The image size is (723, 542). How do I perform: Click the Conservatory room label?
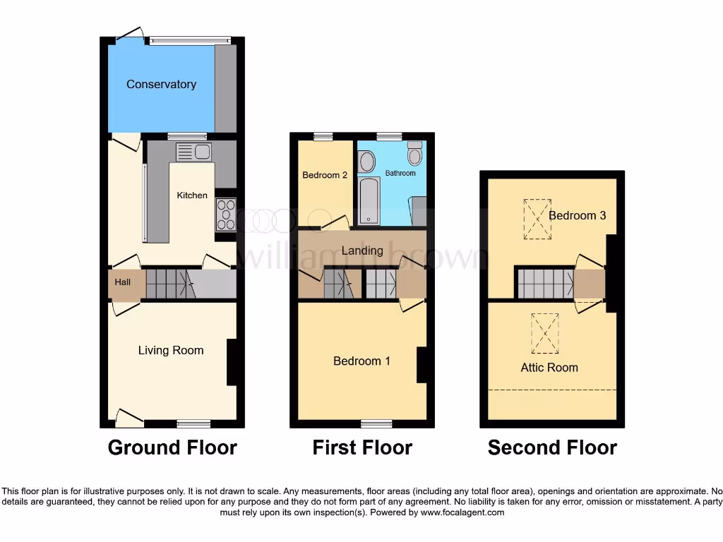coord(161,85)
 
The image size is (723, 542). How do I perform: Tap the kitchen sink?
coord(193,152)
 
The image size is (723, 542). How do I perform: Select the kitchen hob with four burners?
coord(227,215)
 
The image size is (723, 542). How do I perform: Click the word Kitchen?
coord(192,195)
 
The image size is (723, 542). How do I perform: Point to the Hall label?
coord(123,282)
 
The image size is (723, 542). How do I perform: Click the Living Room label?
coord(171,350)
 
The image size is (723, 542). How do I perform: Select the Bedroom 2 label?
coord(325,175)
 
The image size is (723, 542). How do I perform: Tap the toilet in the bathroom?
coord(414,152)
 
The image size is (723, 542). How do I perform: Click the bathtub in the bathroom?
coord(369,201)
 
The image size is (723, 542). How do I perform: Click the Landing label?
coord(362,251)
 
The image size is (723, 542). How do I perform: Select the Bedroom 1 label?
coord(361,361)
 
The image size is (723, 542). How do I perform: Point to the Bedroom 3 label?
coord(577,216)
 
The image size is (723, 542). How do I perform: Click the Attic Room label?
coord(549,368)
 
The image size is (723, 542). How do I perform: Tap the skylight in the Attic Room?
coord(544,333)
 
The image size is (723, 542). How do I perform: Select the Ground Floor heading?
coord(172,447)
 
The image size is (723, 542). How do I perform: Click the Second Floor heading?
coord(552,447)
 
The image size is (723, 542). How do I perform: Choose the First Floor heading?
coord(362,447)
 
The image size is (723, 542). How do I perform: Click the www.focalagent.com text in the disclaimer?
coord(462,512)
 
